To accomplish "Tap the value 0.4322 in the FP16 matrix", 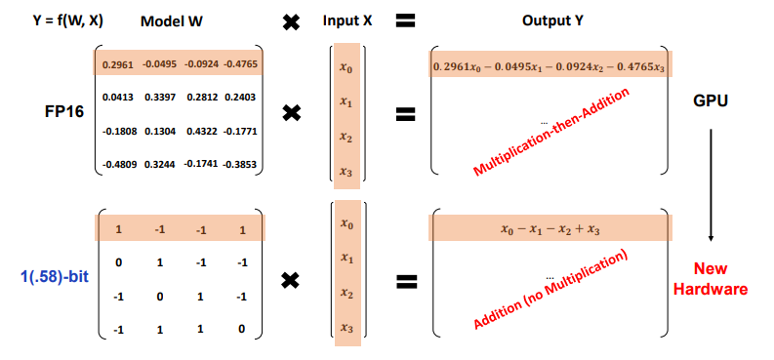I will click(201, 130).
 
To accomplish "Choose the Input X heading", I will click(348, 21).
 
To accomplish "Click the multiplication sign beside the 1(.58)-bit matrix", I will click(291, 281).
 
